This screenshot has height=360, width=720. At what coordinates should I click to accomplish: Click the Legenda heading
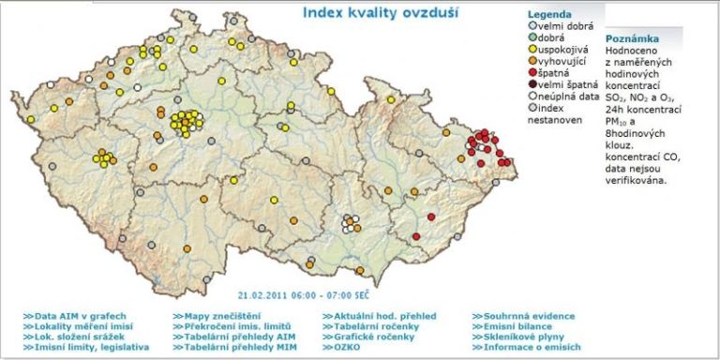coord(549,16)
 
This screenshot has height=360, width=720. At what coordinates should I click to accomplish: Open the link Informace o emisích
coord(525,346)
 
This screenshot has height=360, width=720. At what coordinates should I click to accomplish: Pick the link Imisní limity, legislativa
coord(89,346)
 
